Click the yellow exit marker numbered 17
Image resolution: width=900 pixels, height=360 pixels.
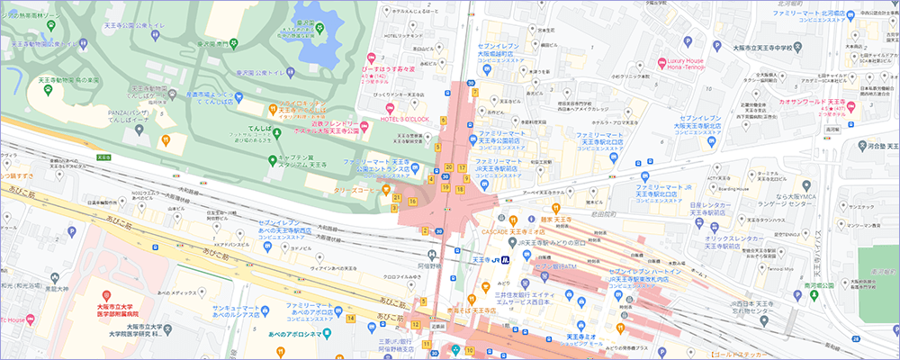point(462,167)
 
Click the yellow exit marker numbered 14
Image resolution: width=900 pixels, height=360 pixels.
point(350,318)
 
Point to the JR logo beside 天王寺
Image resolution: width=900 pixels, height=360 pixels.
point(506,260)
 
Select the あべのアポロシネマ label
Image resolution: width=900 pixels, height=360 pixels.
point(297,333)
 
